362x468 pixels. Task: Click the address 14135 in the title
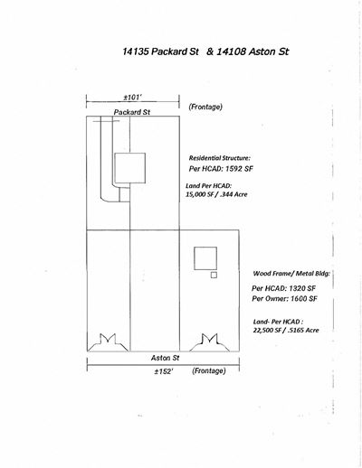pos(135,51)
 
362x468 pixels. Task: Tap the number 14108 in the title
pos(231,51)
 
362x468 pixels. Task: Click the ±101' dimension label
pos(133,98)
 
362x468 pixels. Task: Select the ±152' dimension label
pos(164,371)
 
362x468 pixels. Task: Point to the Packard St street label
pos(132,112)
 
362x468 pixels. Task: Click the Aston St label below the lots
pos(166,358)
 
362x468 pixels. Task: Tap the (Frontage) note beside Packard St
pos(205,107)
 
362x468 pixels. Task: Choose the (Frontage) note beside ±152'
pos(209,370)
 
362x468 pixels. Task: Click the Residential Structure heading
pos(220,158)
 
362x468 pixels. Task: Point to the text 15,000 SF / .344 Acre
pos(216,194)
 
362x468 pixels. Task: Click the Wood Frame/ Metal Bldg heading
pos(291,274)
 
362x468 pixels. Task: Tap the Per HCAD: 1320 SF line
pos(283,288)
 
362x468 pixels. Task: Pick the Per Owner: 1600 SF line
pos(284,298)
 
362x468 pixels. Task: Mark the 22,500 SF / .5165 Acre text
pos(286,330)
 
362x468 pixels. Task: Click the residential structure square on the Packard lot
pos(130,153)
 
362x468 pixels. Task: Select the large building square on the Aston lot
pos(205,248)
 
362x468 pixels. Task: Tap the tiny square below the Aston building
pos(214,275)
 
